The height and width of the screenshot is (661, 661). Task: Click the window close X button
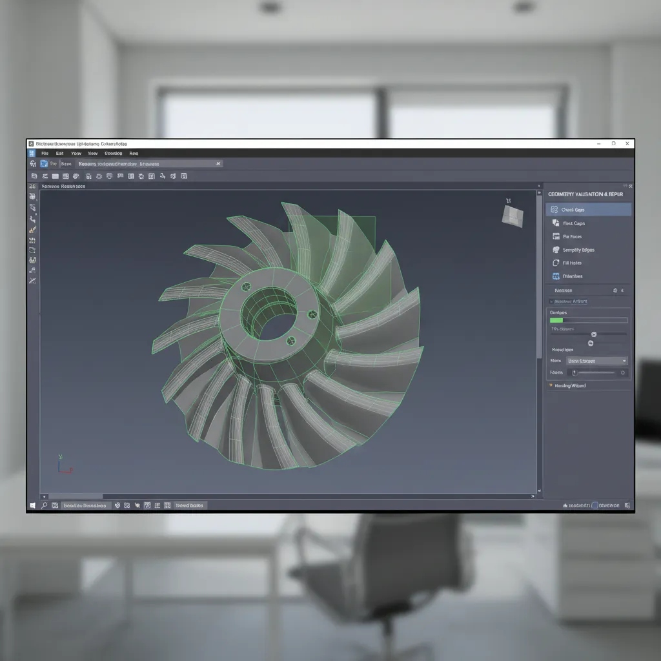tap(627, 144)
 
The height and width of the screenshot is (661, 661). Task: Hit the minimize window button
tap(600, 144)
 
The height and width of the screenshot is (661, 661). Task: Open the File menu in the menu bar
tap(45, 154)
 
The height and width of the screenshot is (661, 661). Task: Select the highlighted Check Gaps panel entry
tap(588, 210)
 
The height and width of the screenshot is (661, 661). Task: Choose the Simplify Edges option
tap(578, 250)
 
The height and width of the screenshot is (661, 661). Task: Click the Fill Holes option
tap(572, 263)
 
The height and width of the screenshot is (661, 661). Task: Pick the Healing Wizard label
tap(570, 385)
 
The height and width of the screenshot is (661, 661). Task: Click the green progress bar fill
tap(556, 320)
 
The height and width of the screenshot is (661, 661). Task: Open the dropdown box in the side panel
tap(596, 361)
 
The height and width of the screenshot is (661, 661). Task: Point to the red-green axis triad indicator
tap(62, 465)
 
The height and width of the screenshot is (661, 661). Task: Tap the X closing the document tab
tap(218, 164)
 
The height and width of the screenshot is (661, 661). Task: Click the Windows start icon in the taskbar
tap(32, 505)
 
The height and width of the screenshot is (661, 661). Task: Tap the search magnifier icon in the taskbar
tap(44, 505)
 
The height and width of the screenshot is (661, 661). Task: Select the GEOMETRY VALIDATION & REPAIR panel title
tap(590, 194)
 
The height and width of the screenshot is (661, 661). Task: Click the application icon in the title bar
tap(31, 144)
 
